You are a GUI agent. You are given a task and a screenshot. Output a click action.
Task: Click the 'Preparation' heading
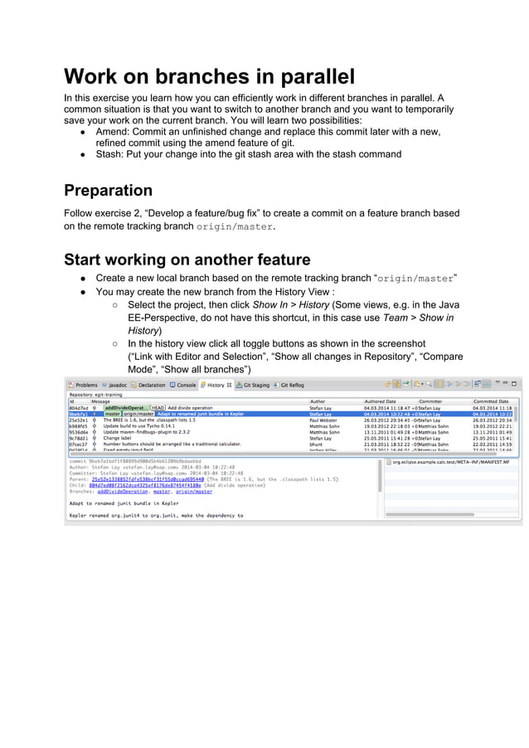(x=108, y=190)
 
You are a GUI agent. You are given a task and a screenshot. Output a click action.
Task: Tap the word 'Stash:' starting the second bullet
(x=111, y=153)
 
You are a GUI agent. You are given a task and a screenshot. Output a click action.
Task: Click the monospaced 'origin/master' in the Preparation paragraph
(x=234, y=226)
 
